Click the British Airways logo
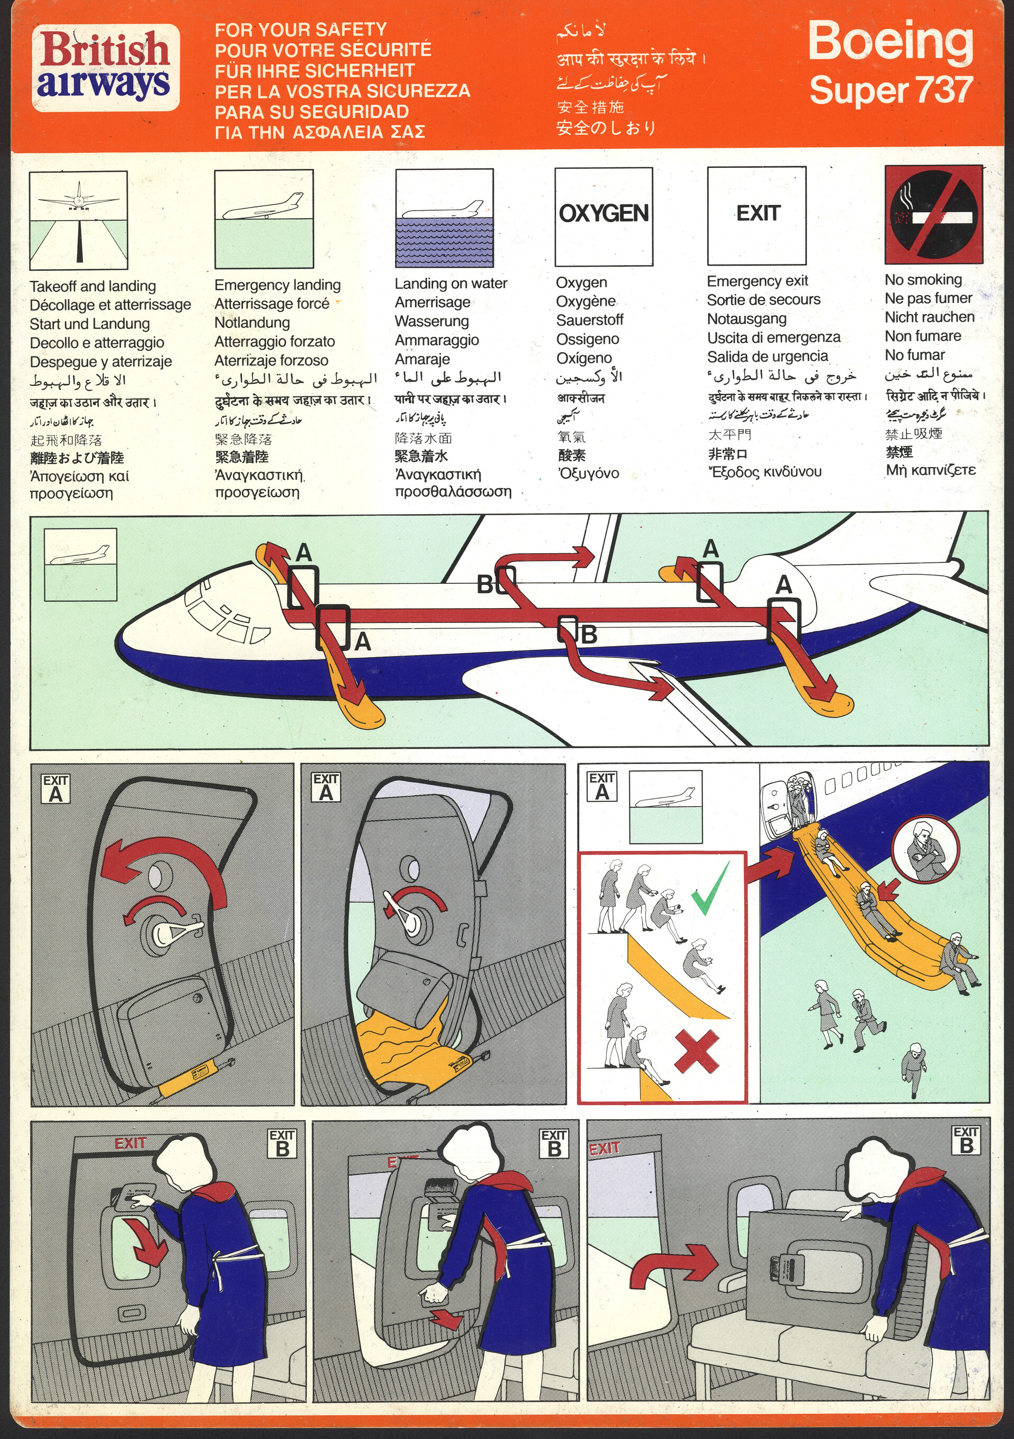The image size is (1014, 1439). (x=105, y=68)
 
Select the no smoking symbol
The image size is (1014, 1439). (x=934, y=214)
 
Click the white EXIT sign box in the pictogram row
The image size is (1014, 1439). (x=756, y=215)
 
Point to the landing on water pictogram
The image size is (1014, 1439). (x=444, y=218)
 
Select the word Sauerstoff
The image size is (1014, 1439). (x=589, y=320)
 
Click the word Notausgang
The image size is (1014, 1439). (x=746, y=319)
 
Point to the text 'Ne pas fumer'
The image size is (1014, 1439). (x=928, y=298)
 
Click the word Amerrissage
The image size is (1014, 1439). (x=432, y=302)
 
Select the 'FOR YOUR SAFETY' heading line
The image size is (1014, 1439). (x=301, y=30)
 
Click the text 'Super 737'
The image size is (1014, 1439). (x=890, y=90)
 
